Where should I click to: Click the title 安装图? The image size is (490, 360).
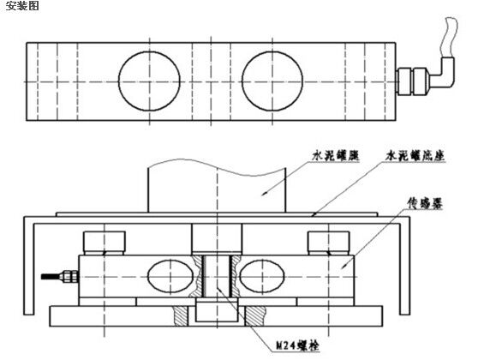[22, 5]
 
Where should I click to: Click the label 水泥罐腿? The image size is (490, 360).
[336, 155]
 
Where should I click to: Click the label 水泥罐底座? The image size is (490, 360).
[415, 155]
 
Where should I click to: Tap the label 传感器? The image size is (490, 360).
[425, 203]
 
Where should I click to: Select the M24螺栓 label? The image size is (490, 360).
[298, 345]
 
